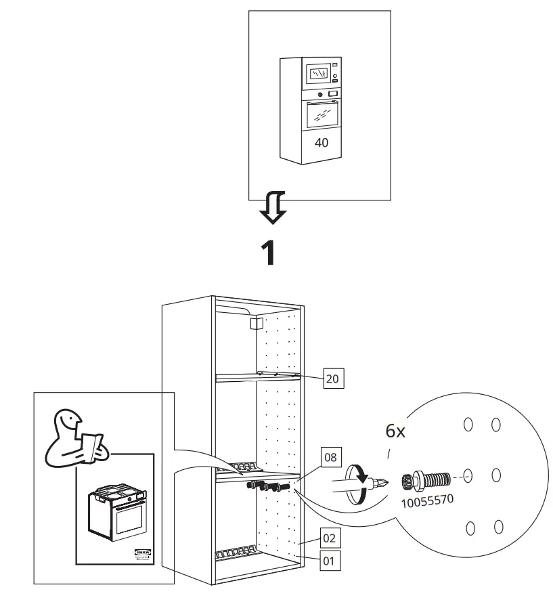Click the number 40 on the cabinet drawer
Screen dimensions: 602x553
pos(321,143)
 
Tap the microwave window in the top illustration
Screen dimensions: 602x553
pos(318,72)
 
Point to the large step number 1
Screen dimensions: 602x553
pos(269,252)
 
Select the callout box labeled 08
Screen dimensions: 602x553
pos(330,458)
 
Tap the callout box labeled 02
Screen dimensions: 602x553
pos(328,539)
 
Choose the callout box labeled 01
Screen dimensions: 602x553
pos(328,561)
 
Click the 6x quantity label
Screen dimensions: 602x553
pos(395,431)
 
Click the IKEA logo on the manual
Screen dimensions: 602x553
pos(143,555)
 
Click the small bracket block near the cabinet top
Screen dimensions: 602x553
pos(256,324)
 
